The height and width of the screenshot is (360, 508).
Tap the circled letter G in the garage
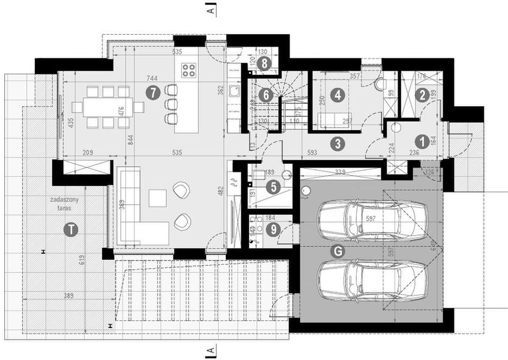pyautogui.click(x=338, y=251)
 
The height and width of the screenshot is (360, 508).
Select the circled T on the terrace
pyautogui.click(x=72, y=229)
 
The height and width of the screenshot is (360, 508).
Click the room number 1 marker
pyautogui.click(x=422, y=141)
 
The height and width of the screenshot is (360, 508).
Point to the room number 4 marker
pyautogui.click(x=338, y=94)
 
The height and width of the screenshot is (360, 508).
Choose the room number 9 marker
pyautogui.click(x=273, y=229)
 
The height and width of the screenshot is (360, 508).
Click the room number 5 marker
pyautogui.click(x=273, y=187)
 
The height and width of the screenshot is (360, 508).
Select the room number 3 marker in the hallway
pyautogui.click(x=338, y=143)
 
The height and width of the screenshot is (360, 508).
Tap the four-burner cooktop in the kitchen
pyautogui.click(x=189, y=70)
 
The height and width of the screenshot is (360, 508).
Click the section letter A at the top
pyautogui.click(x=210, y=9)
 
